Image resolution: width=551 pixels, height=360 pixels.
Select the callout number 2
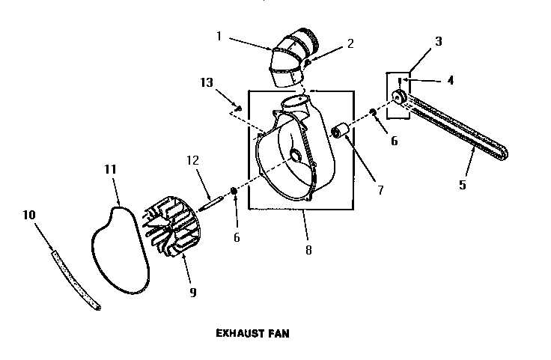(350, 43)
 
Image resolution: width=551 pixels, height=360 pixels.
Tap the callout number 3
(439, 41)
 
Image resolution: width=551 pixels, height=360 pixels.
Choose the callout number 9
(192, 293)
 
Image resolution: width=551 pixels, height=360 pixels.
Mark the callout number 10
(29, 214)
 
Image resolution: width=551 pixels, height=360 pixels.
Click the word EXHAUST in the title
(234, 334)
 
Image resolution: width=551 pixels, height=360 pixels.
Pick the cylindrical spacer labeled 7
(344, 132)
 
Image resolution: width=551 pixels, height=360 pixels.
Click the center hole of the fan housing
(295, 156)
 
